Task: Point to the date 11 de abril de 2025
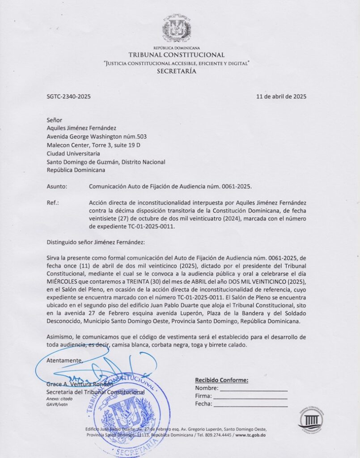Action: [x=281, y=96]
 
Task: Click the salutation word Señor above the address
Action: [x=55, y=119]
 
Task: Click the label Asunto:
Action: [x=57, y=186]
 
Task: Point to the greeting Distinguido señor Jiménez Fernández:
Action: [x=96, y=242]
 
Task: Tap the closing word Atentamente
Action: [x=65, y=360]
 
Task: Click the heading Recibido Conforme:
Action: [x=221, y=380]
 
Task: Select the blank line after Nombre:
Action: [x=253, y=389]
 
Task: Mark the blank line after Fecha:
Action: [x=250, y=405]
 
